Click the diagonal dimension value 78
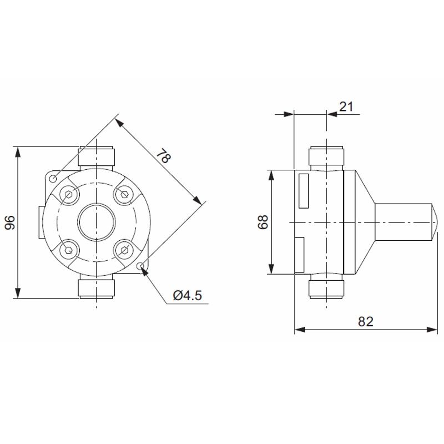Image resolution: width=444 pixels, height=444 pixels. click(x=162, y=156)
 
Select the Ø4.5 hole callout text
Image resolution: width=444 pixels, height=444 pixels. click(x=187, y=295)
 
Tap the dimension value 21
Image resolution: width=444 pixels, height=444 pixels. click(x=346, y=106)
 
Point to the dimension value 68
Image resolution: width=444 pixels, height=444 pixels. click(x=263, y=222)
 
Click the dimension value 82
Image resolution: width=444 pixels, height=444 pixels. click(x=366, y=321)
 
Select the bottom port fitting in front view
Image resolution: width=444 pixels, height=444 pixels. click(x=97, y=287)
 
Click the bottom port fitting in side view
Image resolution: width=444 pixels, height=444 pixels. click(x=327, y=287)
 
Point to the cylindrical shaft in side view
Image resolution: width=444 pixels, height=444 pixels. click(x=404, y=222)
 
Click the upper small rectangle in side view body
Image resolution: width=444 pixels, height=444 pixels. click(x=304, y=190)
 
